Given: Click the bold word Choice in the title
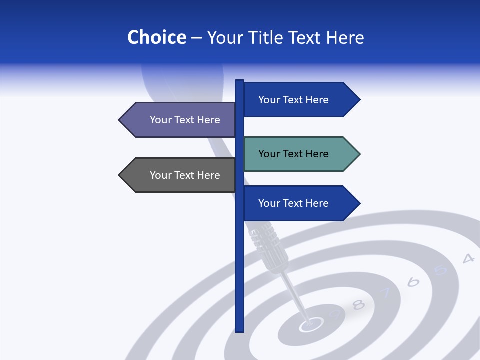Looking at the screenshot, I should (x=156, y=37).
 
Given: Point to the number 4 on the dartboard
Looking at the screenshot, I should (x=468, y=258).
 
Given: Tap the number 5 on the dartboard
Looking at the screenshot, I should (x=440, y=270).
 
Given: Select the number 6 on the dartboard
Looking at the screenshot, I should (x=413, y=282).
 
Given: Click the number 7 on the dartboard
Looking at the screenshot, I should (x=386, y=293).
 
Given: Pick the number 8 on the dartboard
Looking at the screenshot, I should (x=359, y=304).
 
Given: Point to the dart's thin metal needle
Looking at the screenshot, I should (x=295, y=297).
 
